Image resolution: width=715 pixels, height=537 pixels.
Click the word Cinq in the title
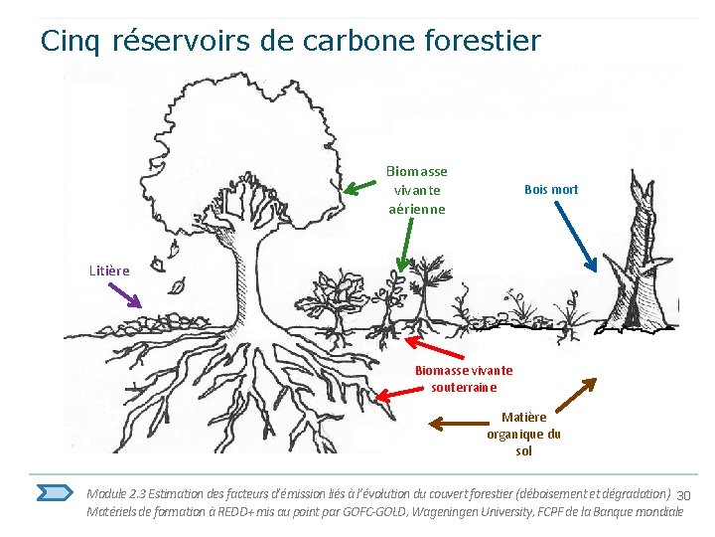point(72,41)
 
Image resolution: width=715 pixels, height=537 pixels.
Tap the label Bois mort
point(551,189)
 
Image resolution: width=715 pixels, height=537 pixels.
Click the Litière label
point(109,268)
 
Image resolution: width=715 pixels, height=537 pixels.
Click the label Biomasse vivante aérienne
point(417,190)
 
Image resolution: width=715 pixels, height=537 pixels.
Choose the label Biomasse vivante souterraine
point(464,379)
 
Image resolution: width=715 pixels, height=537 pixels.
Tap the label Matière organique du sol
point(523,434)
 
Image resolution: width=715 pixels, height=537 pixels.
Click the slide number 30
point(682,495)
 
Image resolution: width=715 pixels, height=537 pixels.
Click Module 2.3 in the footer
point(117,493)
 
